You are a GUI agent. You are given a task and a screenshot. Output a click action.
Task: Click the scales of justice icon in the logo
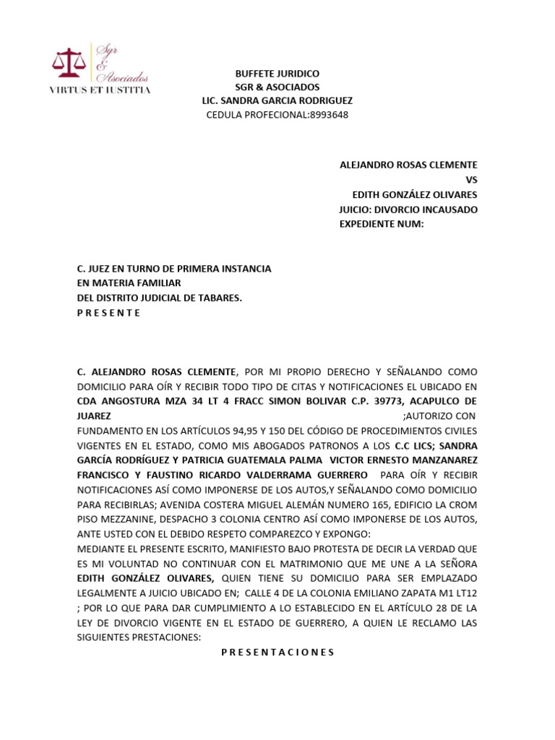[x=69, y=64]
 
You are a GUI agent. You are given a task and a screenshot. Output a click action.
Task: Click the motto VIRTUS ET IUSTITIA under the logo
[x=100, y=90]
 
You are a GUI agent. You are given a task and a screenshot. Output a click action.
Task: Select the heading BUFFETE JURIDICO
[x=277, y=74]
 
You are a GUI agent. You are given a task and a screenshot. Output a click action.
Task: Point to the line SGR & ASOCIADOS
[x=277, y=87]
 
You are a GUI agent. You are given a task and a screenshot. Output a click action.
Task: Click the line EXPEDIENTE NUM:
[x=381, y=224]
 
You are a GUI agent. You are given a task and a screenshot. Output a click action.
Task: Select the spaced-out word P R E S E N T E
[x=108, y=313]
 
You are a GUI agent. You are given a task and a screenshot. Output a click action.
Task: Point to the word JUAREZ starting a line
[x=94, y=416]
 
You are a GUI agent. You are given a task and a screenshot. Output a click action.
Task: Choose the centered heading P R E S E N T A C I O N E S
[x=277, y=652]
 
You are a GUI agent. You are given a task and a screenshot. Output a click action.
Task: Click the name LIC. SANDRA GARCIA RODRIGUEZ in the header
[x=277, y=101]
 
